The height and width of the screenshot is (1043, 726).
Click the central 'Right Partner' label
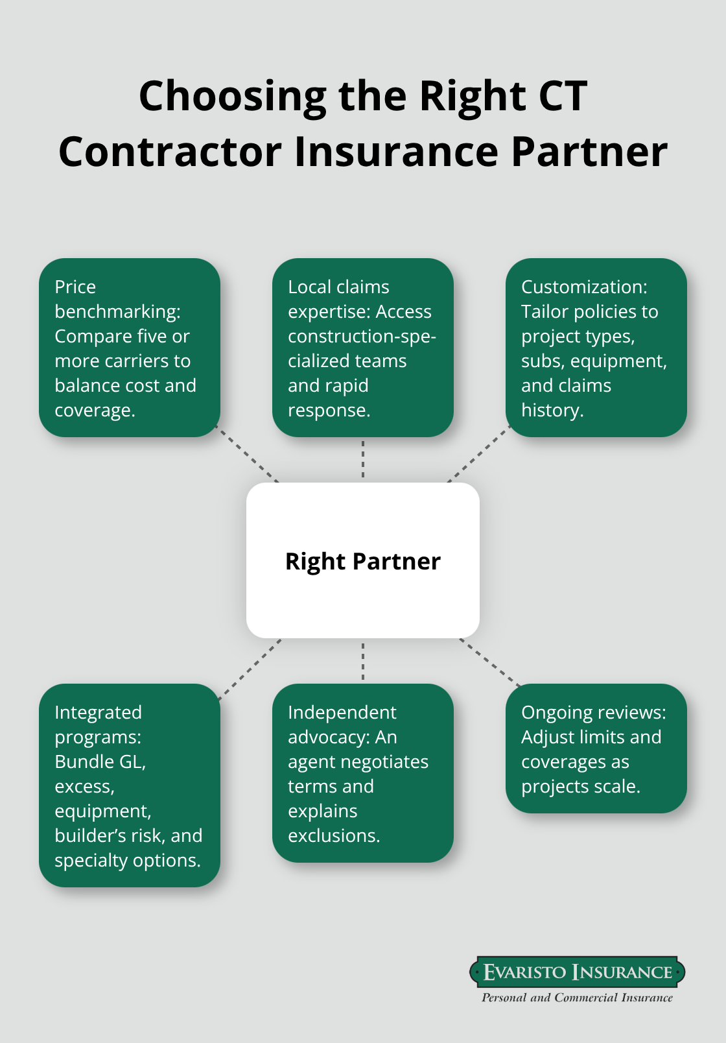(362, 561)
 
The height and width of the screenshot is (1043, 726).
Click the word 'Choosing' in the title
(233, 96)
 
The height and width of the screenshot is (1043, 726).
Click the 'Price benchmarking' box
(130, 348)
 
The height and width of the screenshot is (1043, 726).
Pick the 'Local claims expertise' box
(362, 348)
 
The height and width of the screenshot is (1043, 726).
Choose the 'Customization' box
(596, 348)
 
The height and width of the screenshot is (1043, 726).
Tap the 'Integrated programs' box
(130, 785)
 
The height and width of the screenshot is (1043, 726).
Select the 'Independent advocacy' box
(362, 773)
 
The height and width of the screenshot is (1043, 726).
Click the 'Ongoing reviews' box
(596, 748)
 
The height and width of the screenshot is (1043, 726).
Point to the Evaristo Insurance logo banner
(577, 972)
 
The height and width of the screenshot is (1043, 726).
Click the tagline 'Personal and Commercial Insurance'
(577, 998)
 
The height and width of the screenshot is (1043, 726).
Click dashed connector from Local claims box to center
(363, 459)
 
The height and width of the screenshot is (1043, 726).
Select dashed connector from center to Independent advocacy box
(363, 661)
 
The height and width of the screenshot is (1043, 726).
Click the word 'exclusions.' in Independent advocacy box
(334, 835)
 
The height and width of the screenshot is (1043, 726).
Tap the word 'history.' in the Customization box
(552, 410)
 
